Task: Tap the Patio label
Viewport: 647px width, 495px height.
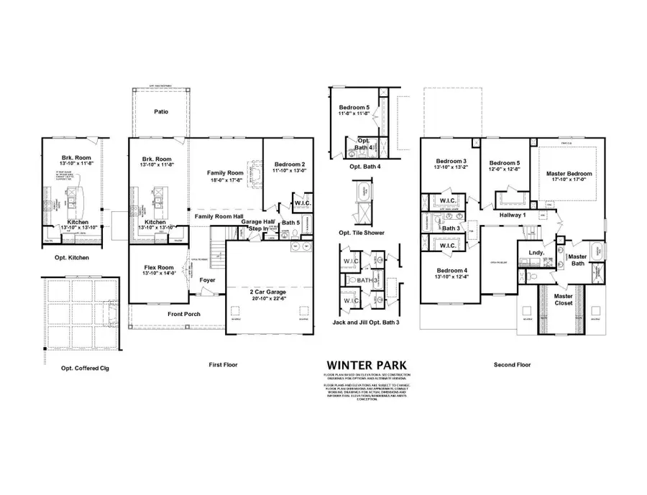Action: pyautogui.click(x=162, y=112)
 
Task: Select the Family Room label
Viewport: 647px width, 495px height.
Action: pyautogui.click(x=225, y=173)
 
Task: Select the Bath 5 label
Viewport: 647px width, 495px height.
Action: pyautogui.click(x=290, y=223)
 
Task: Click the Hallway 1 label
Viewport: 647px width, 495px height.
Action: pyautogui.click(x=514, y=215)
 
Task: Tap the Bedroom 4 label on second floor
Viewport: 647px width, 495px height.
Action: pyautogui.click(x=450, y=271)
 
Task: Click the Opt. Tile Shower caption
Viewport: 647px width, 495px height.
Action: pyautogui.click(x=366, y=233)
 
